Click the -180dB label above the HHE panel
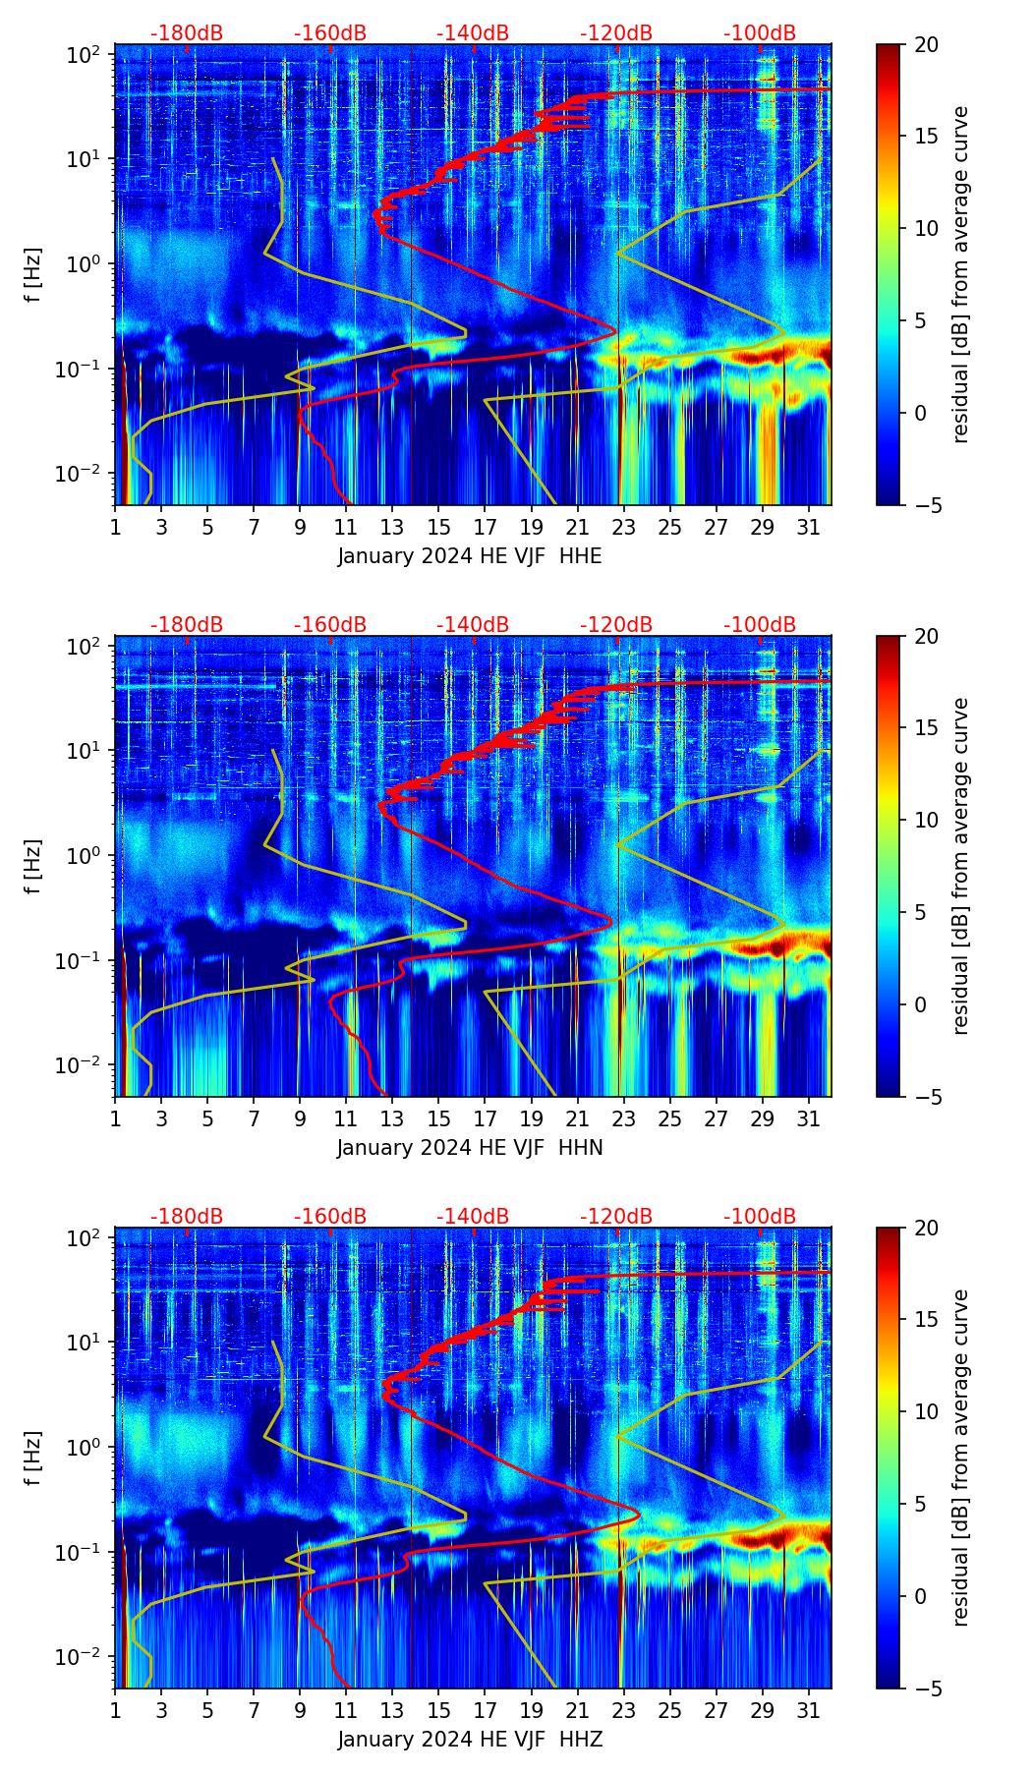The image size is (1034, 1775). (x=187, y=33)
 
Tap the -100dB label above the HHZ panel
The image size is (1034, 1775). (x=760, y=1217)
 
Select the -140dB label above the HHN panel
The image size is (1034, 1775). (x=473, y=625)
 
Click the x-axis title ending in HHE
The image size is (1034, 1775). (x=470, y=556)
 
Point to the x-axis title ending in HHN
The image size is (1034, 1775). (x=470, y=1148)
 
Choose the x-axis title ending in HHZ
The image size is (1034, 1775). (x=470, y=1740)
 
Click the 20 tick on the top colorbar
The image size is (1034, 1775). (x=926, y=44)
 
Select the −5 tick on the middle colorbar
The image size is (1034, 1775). (x=926, y=1097)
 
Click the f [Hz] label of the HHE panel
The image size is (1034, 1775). (x=34, y=275)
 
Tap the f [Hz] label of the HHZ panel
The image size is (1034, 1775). (x=34, y=1459)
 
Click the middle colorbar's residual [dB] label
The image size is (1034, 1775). (x=960, y=866)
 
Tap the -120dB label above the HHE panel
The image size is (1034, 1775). (x=616, y=33)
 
